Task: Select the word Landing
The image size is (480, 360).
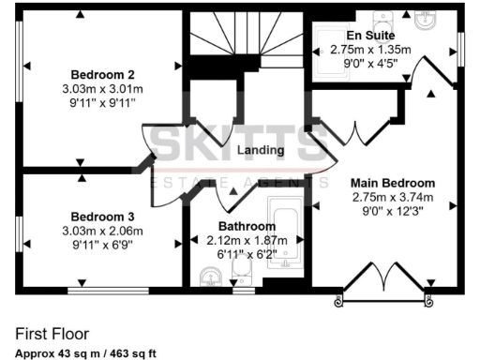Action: pos(261,151)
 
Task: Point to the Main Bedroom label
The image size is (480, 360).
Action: pos(394,183)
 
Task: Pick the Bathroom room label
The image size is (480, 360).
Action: pos(247,227)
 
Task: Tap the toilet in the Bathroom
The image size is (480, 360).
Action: pos(242,274)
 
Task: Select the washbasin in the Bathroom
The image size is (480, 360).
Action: pos(211,275)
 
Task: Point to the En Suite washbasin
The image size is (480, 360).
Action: pos(426,20)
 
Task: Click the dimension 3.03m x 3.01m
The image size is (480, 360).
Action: pos(104,90)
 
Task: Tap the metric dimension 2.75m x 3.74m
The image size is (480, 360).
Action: pos(394,198)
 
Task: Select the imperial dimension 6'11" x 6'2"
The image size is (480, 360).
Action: pos(247,254)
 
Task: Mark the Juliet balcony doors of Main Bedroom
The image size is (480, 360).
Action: pos(383,282)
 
